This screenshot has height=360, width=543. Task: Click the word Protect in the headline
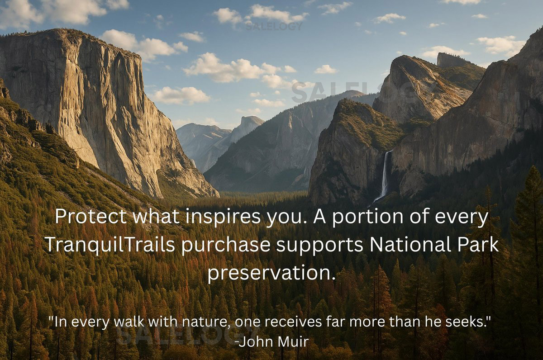pyautogui.click(x=91, y=216)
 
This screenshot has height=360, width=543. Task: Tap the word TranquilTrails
pyautogui.click(x=110, y=244)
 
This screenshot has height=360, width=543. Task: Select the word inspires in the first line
pyautogui.click(x=223, y=217)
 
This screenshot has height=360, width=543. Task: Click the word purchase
pyautogui.click(x=226, y=246)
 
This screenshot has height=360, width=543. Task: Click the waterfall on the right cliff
pyautogui.click(x=384, y=176)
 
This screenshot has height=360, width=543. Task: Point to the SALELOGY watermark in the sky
pyautogui.click(x=274, y=26)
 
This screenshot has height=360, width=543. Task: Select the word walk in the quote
pyautogui.click(x=129, y=322)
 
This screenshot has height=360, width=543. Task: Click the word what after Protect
pyautogui.click(x=157, y=216)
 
